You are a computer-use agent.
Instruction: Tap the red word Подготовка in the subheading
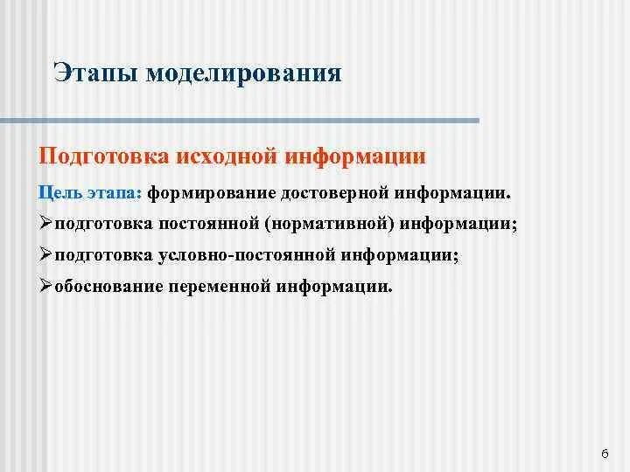click(104, 156)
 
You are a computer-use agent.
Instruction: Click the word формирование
click(211, 191)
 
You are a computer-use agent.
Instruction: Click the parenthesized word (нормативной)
click(334, 224)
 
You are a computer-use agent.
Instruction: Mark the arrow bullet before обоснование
click(46, 287)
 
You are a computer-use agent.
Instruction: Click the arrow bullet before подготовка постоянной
click(46, 224)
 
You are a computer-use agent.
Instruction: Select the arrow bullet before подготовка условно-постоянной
click(46, 255)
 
